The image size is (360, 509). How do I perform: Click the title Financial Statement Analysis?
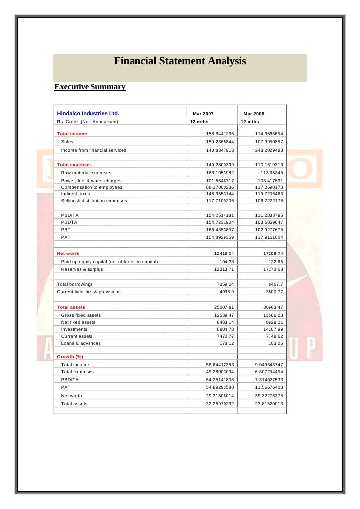point(180,61)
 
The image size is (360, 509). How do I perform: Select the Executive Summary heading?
point(90,87)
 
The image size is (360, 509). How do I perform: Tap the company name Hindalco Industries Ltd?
point(88,113)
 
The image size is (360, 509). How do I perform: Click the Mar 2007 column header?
point(203,114)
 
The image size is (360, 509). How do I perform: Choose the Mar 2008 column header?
point(254,114)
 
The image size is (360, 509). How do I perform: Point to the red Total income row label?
point(72,134)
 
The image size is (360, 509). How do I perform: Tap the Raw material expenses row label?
point(86,173)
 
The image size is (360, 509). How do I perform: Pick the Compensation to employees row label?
point(91,187)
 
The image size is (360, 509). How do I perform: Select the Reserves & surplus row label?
point(82,269)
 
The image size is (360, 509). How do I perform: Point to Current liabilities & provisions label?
point(89,292)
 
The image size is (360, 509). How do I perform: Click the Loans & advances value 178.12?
point(226,343)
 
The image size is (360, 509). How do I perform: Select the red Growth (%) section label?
point(70,356)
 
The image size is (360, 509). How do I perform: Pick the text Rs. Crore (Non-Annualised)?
point(88,122)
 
